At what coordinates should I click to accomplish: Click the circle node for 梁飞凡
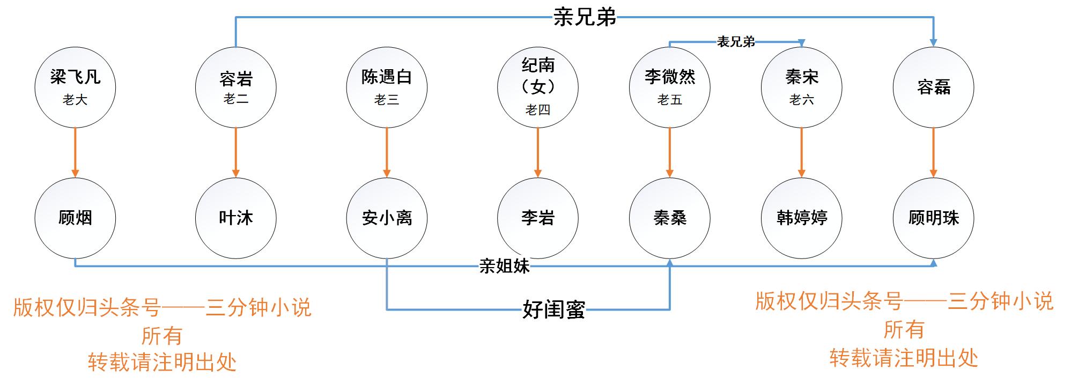pos(75,86)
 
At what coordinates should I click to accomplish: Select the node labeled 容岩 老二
pos(235,86)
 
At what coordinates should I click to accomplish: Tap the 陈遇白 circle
pos(387,86)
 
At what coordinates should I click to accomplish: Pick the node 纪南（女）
pos(538,86)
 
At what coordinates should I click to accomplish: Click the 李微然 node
pos(669,86)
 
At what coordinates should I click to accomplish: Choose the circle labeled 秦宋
pos(801,86)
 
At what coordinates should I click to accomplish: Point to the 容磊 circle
pos(933,86)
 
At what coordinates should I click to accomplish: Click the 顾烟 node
pos(75,218)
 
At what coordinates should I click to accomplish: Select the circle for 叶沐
pos(235,218)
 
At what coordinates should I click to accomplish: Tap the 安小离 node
pos(387,218)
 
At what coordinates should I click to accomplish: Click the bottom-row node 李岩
pos(538,218)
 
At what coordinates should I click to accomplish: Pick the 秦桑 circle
pos(669,218)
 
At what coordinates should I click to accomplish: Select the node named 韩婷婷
pos(801,218)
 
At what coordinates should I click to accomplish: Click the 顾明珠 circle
pos(933,218)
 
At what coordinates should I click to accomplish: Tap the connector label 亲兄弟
pos(585,17)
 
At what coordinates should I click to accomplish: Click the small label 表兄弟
pos(736,42)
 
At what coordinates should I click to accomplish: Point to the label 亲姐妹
pos(504,265)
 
